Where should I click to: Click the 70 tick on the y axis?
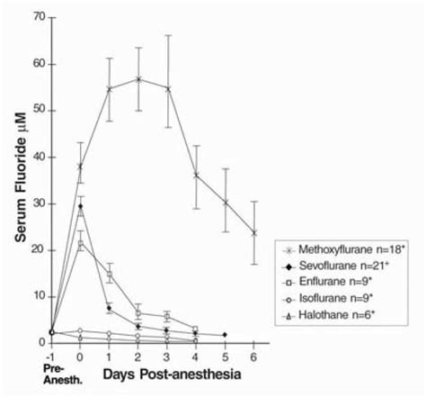[x=38, y=17]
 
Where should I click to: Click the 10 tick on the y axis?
[x=38, y=296]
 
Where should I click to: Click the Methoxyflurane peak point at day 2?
[x=138, y=79]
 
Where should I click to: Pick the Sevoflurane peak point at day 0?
[x=81, y=206]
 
